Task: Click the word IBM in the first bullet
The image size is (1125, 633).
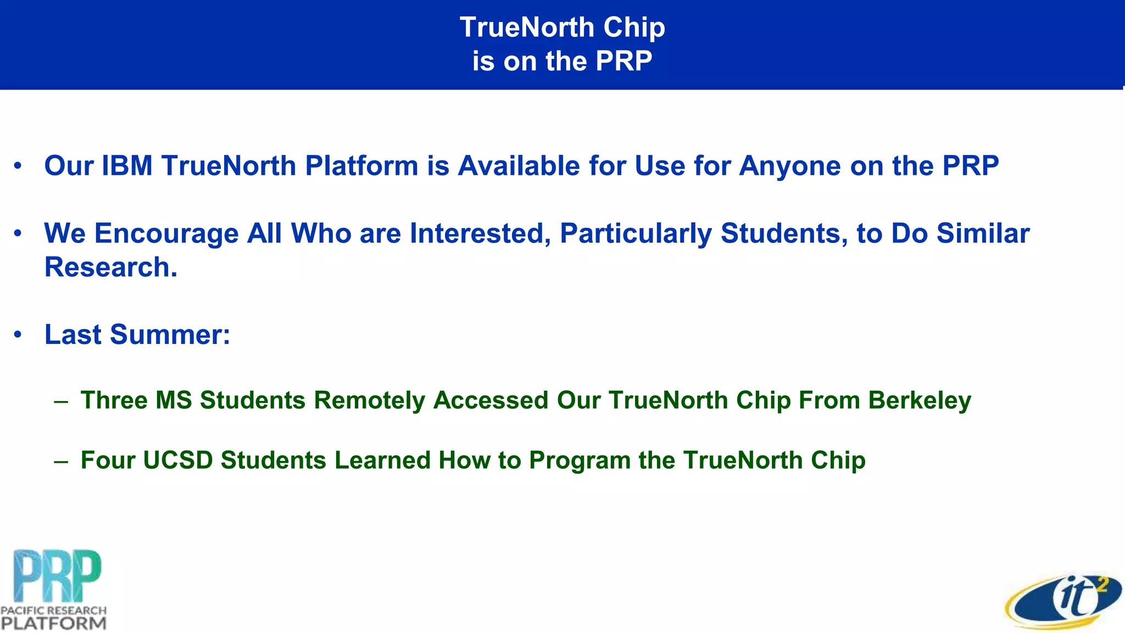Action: coord(127,166)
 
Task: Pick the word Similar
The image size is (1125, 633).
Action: coord(983,234)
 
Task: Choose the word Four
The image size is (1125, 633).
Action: coord(108,460)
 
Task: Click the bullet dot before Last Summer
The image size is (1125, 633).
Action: coord(18,335)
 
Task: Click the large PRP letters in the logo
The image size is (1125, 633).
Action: coord(57,576)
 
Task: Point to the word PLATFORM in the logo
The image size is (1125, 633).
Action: coord(53,624)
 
